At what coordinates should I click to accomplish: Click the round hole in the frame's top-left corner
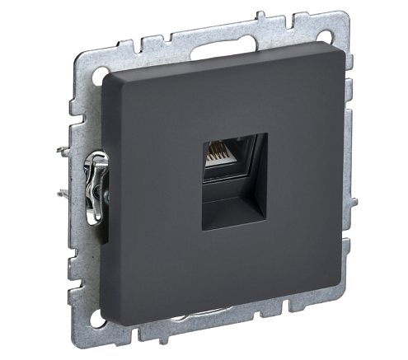(93, 77)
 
